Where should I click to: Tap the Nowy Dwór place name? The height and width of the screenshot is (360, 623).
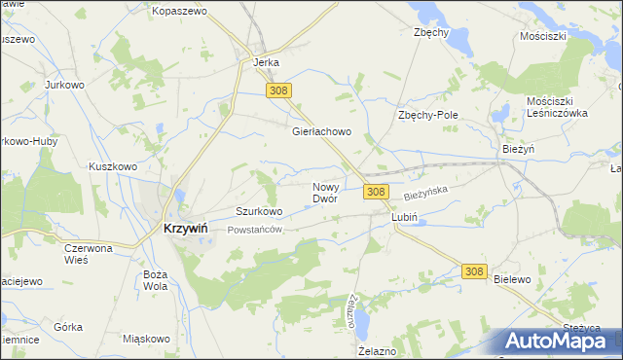pyautogui.click(x=325, y=192)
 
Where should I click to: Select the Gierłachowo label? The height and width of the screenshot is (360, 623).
pyautogui.click(x=321, y=131)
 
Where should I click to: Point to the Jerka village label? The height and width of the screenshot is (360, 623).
pyautogui.click(x=266, y=62)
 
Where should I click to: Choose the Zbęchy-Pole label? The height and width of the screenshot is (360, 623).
pyautogui.click(x=427, y=115)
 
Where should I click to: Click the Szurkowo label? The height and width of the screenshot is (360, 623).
pyautogui.click(x=259, y=210)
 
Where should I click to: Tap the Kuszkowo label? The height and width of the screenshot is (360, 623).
pyautogui.click(x=112, y=166)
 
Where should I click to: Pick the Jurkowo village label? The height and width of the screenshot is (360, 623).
pyautogui.click(x=67, y=85)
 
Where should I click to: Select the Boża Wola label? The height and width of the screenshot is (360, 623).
pyautogui.click(x=155, y=280)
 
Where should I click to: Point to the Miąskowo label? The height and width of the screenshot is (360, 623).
pyautogui.click(x=147, y=339)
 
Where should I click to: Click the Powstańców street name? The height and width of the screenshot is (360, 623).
pyautogui.click(x=254, y=230)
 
